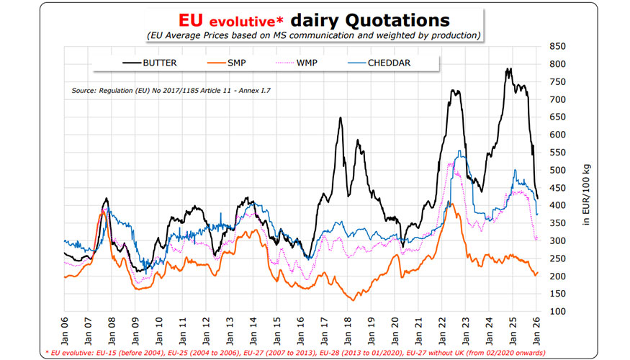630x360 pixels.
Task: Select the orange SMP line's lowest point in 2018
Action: [352, 300]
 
